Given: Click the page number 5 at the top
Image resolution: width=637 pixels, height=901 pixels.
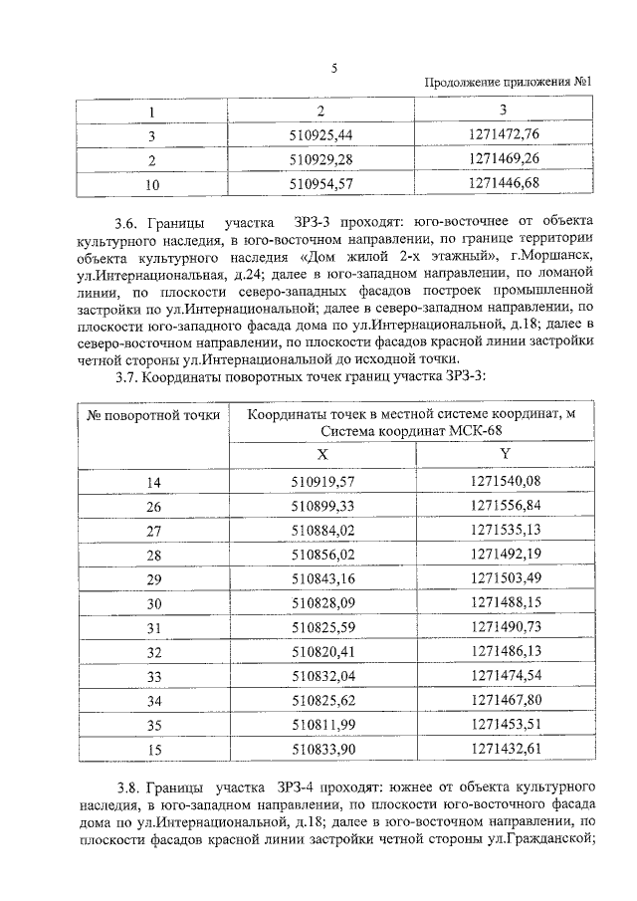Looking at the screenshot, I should [x=334, y=68].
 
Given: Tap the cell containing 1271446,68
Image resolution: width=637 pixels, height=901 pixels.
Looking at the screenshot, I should [x=504, y=182].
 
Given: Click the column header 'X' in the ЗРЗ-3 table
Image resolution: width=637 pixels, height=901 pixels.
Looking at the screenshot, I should [x=322, y=454].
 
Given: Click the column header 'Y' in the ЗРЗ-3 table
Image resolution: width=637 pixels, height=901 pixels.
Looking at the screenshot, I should [x=504, y=454].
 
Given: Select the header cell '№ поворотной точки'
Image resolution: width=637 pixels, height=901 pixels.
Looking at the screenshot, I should [x=153, y=416].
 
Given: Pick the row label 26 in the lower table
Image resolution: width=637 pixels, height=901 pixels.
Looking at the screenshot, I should [x=153, y=506].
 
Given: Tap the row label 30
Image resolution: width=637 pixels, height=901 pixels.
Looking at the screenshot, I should [x=153, y=602].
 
